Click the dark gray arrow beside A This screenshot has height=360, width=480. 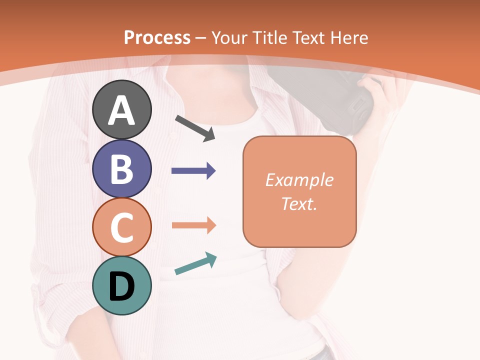[x=195, y=128]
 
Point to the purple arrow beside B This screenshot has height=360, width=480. [x=193, y=171]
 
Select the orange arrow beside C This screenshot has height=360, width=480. [x=193, y=225]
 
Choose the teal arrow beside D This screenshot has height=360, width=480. [x=195, y=264]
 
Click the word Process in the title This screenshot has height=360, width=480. [x=157, y=37]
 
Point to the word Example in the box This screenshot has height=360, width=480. [x=299, y=180]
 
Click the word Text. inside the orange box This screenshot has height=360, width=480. [x=299, y=204]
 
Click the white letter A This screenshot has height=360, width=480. [x=121, y=110]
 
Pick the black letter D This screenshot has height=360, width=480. [x=121, y=287]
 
